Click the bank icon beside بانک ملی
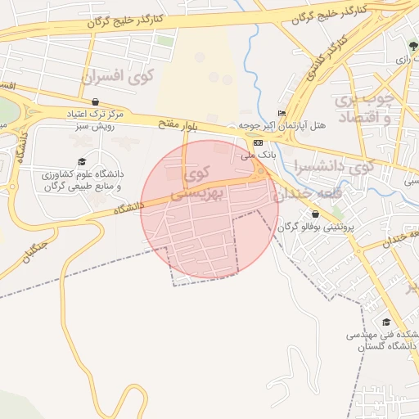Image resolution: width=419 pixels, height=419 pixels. (259, 142)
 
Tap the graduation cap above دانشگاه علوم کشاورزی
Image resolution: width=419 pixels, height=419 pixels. (81, 161)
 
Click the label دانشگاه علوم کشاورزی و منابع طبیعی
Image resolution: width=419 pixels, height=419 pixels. (80, 180)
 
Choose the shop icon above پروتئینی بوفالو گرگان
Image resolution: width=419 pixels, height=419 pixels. (315, 214)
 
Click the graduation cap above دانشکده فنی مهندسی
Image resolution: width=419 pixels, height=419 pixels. (386, 322)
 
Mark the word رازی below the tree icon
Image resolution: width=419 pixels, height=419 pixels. (402, 60)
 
